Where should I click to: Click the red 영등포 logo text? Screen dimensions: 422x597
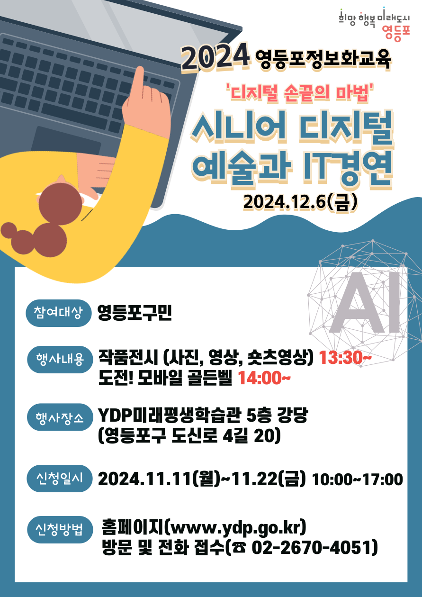(x=395, y=34)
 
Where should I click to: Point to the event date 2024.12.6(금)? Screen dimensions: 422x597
(x=300, y=202)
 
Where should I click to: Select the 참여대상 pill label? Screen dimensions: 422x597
(x=58, y=313)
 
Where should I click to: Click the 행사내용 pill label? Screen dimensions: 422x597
(x=60, y=360)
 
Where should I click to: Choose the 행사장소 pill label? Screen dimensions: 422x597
(x=60, y=417)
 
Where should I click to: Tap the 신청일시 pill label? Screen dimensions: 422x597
(x=59, y=479)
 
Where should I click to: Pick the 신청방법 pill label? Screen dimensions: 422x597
(x=60, y=530)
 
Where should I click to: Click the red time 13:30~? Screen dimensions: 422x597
(x=345, y=357)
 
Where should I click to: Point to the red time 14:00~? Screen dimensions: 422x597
(x=264, y=378)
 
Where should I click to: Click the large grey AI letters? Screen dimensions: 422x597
(x=365, y=303)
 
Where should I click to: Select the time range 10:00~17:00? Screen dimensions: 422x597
(x=357, y=479)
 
